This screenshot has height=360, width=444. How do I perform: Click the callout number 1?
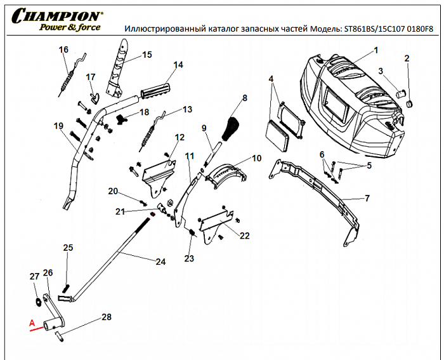tap(375, 50)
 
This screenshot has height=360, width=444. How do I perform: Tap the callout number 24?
tap(160, 261)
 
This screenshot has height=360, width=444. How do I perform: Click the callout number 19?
tap(59, 126)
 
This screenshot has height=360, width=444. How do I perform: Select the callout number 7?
tap(367, 198)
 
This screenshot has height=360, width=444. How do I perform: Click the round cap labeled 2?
tap(408, 102)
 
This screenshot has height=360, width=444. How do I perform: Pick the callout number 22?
tap(244, 236)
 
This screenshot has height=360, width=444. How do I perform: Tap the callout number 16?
tap(63, 50)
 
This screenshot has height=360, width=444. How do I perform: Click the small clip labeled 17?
tap(95, 97)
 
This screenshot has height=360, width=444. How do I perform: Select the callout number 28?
tap(107, 316)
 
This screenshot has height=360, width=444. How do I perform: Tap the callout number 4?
tap(271, 79)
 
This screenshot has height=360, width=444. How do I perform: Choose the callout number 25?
tap(69, 247)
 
